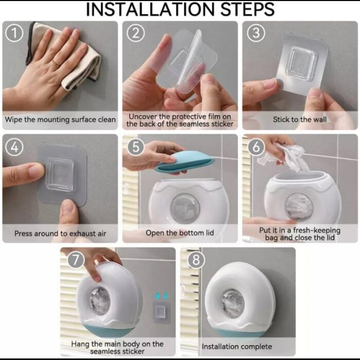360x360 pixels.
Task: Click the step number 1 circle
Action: (x=14, y=33)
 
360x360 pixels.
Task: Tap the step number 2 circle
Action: (x=135, y=33)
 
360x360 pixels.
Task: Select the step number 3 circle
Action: (x=256, y=33)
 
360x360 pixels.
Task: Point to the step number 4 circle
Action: (x=14, y=147)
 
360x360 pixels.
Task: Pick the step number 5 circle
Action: (x=135, y=147)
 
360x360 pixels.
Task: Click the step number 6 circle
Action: (x=256, y=147)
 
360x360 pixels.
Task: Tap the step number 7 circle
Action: (x=76, y=260)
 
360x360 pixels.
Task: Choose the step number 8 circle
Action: (x=196, y=260)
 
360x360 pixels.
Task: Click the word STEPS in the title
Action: (x=247, y=10)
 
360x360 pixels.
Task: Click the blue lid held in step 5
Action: (x=184, y=161)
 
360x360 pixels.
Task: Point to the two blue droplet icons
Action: (x=161, y=296)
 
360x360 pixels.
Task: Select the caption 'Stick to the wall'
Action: (x=299, y=119)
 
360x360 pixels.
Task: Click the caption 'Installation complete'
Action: (x=237, y=347)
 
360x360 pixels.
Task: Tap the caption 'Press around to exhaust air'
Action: (x=60, y=233)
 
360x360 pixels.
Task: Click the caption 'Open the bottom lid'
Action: (x=180, y=233)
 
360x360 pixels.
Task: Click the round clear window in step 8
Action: (x=233, y=303)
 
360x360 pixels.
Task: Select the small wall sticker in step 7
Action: (x=161, y=312)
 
